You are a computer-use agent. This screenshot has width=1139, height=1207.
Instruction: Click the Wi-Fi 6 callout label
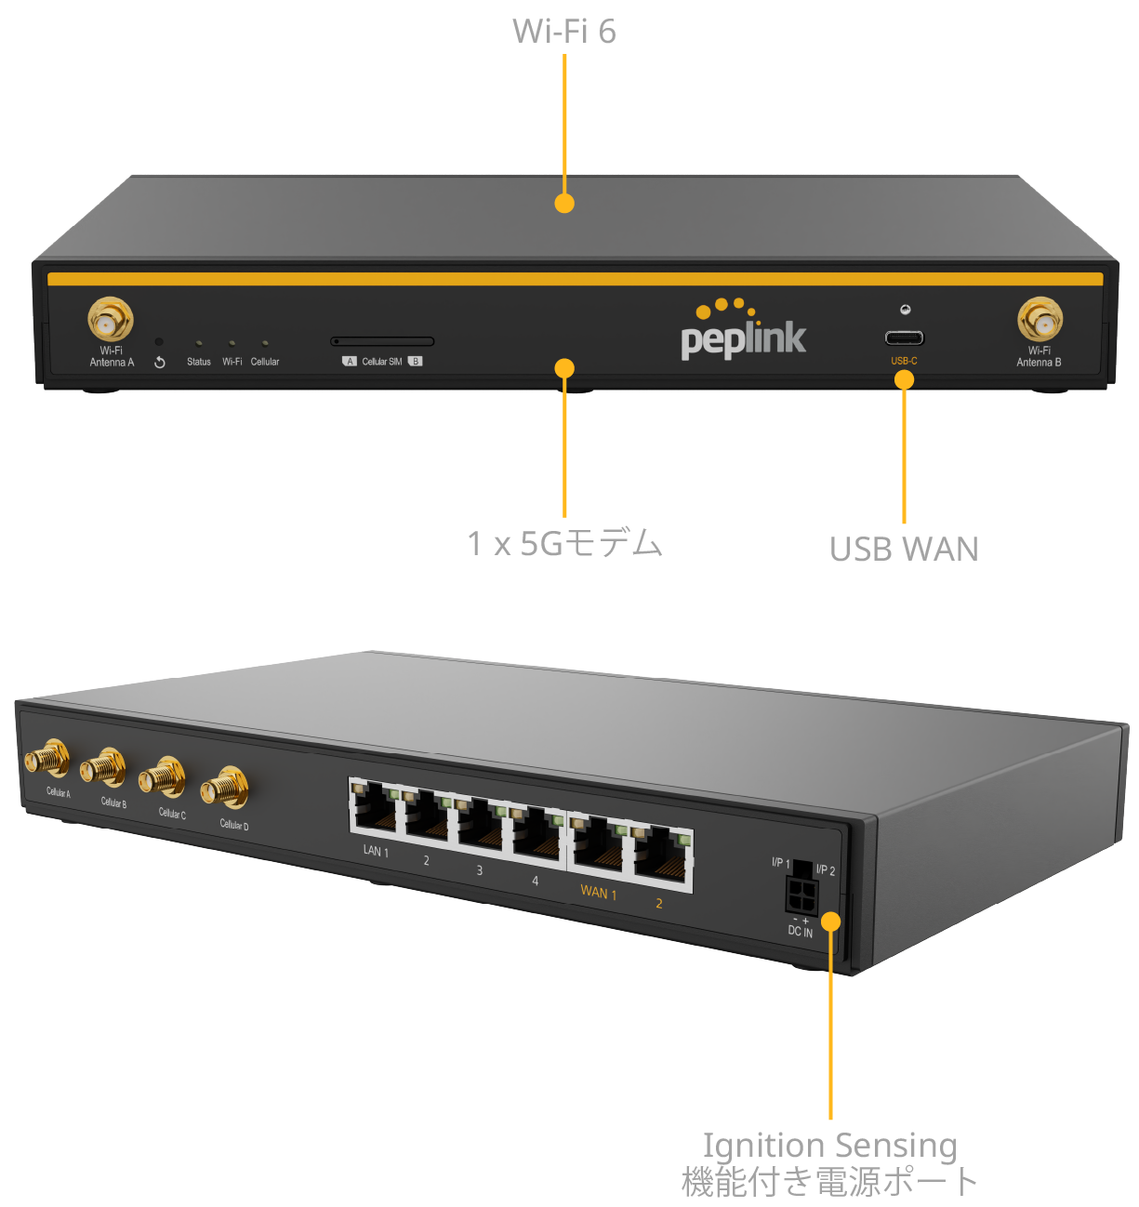pos(563,32)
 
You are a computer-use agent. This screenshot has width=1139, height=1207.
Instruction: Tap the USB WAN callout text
pos(903,550)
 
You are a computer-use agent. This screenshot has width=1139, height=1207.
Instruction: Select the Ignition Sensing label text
pos(828,1146)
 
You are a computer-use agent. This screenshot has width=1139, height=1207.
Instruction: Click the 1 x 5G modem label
pos(564,543)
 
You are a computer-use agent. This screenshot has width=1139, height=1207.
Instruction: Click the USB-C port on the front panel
pos(904,338)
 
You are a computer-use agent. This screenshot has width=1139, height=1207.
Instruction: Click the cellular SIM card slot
pos(382,342)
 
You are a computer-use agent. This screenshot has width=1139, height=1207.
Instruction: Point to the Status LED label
pos(199,362)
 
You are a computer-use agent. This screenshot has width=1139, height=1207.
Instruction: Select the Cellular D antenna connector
pos(224,789)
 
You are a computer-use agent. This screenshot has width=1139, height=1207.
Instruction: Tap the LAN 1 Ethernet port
pos(374,807)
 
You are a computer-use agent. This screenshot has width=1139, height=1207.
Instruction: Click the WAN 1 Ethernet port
pos(598,843)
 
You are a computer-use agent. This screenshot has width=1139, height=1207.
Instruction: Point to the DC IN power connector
pos(801,896)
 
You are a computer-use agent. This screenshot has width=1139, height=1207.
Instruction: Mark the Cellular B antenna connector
pos(103,769)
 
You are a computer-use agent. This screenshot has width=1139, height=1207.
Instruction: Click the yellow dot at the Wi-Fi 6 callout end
pos(564,203)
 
